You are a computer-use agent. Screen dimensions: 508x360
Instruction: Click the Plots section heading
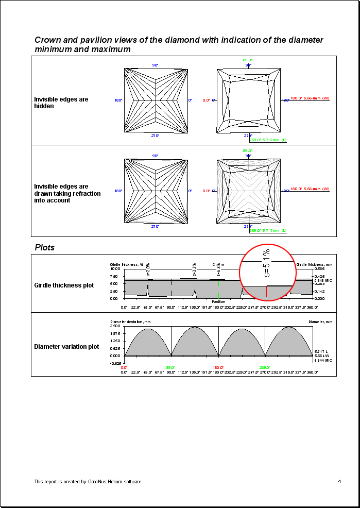[45, 247]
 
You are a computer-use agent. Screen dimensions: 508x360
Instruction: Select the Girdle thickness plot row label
[64, 285]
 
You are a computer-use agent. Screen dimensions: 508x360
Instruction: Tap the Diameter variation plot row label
[66, 347]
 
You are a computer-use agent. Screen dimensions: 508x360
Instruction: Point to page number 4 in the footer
[339, 482]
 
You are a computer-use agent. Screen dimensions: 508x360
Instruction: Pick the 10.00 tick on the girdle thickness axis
[115, 268]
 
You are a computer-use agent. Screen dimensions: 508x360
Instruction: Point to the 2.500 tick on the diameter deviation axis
[115, 326]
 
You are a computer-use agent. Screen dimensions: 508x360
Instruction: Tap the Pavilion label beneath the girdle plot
[218, 302]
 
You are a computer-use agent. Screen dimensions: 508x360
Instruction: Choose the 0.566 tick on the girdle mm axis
[319, 268]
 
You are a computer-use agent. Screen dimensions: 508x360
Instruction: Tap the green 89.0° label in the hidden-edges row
[248, 60]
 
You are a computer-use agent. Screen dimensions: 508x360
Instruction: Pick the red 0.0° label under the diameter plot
[124, 367]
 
